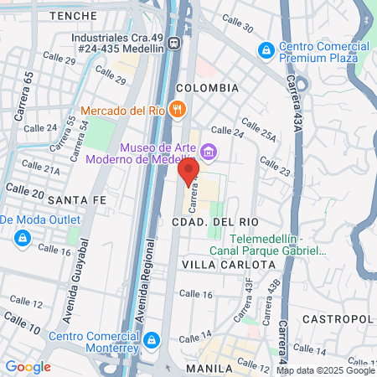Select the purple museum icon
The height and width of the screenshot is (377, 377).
pyautogui.click(x=207, y=152)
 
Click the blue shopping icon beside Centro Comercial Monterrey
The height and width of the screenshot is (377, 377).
pyautogui.click(x=151, y=340)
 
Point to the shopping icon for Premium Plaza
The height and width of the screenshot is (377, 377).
pyautogui.click(x=266, y=50)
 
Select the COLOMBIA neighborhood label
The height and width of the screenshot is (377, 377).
pyautogui.click(x=207, y=88)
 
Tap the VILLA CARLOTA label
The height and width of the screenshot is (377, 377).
pyautogui.click(x=228, y=264)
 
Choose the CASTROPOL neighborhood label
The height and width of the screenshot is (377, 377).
pyautogui.click(x=337, y=319)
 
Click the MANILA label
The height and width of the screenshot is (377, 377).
pyautogui.click(x=209, y=368)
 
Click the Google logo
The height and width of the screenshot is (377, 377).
pyautogui.click(x=28, y=366)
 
